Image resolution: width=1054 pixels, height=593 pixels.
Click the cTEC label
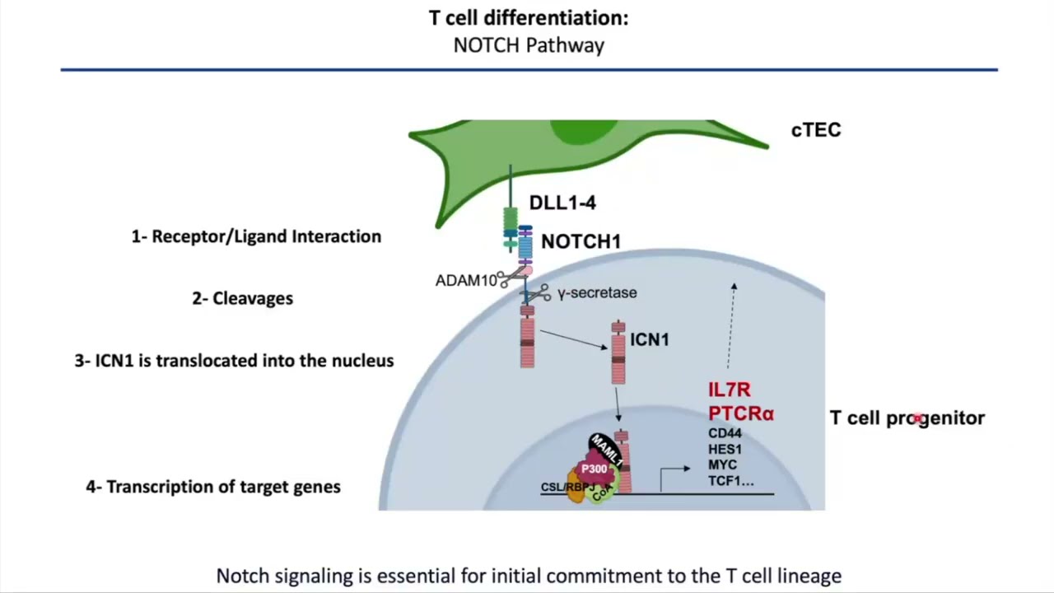click(x=816, y=130)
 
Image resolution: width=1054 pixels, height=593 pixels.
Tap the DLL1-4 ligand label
click(x=562, y=203)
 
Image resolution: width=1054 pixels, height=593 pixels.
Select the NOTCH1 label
click(x=581, y=241)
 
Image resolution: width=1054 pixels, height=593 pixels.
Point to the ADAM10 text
click(x=466, y=281)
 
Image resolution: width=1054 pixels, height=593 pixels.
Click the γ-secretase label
click(x=597, y=292)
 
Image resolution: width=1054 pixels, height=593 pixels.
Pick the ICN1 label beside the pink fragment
click(x=650, y=339)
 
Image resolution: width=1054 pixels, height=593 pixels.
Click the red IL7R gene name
click(x=730, y=390)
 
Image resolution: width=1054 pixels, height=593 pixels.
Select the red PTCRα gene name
click(x=741, y=413)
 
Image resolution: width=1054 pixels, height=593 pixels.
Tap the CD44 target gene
click(x=725, y=433)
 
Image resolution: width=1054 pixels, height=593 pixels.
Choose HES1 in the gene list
click(x=725, y=450)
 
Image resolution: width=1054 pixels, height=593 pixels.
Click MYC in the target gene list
click(x=722, y=465)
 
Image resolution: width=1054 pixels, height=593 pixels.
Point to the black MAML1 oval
click(x=606, y=451)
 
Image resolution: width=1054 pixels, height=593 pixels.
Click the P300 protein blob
click(x=594, y=469)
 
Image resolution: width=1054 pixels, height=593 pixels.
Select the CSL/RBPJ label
click(x=567, y=487)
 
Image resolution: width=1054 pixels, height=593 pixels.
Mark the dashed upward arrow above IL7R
click(x=731, y=325)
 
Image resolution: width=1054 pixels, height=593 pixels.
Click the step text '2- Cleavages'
click(x=242, y=298)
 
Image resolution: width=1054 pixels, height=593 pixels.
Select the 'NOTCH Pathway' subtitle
click(x=529, y=45)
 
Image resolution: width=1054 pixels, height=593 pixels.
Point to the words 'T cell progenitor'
click(x=907, y=418)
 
